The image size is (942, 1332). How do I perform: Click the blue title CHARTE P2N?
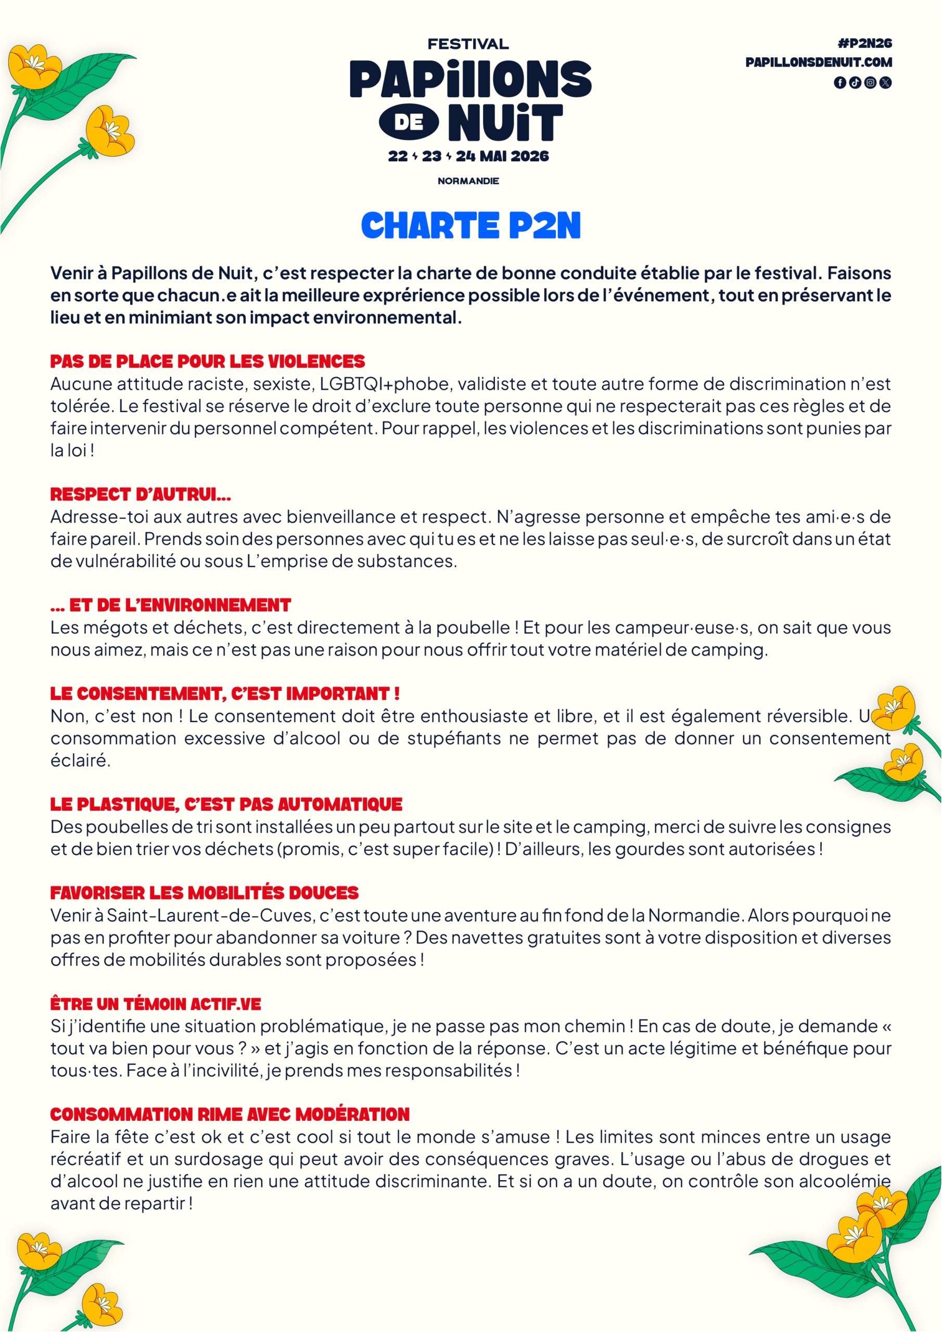[x=470, y=226]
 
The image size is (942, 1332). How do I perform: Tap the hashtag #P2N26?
[x=864, y=44]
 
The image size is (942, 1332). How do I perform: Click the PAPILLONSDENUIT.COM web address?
[x=818, y=62]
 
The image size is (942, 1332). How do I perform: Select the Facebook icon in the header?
[x=839, y=82]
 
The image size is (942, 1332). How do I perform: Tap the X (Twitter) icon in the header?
[x=885, y=82]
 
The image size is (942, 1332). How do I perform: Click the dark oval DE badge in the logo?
[x=409, y=122]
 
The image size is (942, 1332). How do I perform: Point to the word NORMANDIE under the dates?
[x=468, y=181]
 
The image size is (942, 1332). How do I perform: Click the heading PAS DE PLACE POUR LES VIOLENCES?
[x=207, y=362]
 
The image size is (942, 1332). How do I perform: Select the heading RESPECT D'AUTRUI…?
[x=141, y=494]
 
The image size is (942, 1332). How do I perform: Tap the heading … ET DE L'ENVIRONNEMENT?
[x=170, y=605]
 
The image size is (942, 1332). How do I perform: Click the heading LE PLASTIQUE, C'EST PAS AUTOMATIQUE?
[x=226, y=804]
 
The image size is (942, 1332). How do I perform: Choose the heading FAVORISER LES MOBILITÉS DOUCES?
[x=205, y=893]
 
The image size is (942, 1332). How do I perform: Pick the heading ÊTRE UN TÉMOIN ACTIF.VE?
[x=156, y=1004]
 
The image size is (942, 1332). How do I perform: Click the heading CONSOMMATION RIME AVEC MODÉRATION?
[x=230, y=1115]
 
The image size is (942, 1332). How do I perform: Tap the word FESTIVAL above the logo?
[x=468, y=44]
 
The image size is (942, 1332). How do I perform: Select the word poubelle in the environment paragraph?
[x=473, y=627]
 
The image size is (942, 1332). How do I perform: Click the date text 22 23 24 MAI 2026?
[x=468, y=156]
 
